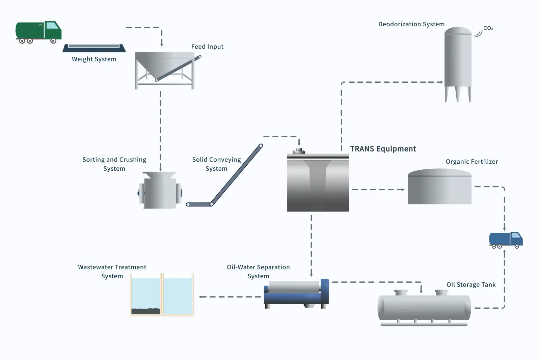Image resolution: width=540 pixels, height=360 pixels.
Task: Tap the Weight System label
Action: point(94,59)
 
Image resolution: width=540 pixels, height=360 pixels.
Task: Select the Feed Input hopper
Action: point(164,69)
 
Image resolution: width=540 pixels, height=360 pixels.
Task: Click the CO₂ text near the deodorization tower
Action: point(488,28)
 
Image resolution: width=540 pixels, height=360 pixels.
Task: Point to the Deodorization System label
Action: point(411,24)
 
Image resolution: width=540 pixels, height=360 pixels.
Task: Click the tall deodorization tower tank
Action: point(458,59)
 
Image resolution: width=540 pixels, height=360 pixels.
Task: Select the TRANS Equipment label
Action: point(383,149)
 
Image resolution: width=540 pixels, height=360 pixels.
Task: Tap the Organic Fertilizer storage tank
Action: point(439,187)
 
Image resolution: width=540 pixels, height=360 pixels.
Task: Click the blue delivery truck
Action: point(506,240)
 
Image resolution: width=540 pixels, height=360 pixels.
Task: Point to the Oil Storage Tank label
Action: point(471,284)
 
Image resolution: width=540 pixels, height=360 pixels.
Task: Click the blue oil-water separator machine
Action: point(296,294)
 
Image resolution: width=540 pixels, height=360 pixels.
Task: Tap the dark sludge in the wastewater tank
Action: point(145,311)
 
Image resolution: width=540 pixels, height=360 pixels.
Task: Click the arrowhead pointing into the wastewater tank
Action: point(200,297)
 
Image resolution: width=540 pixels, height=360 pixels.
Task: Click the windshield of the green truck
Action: point(52,25)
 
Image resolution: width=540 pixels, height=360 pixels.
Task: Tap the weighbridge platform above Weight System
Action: point(94,48)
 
